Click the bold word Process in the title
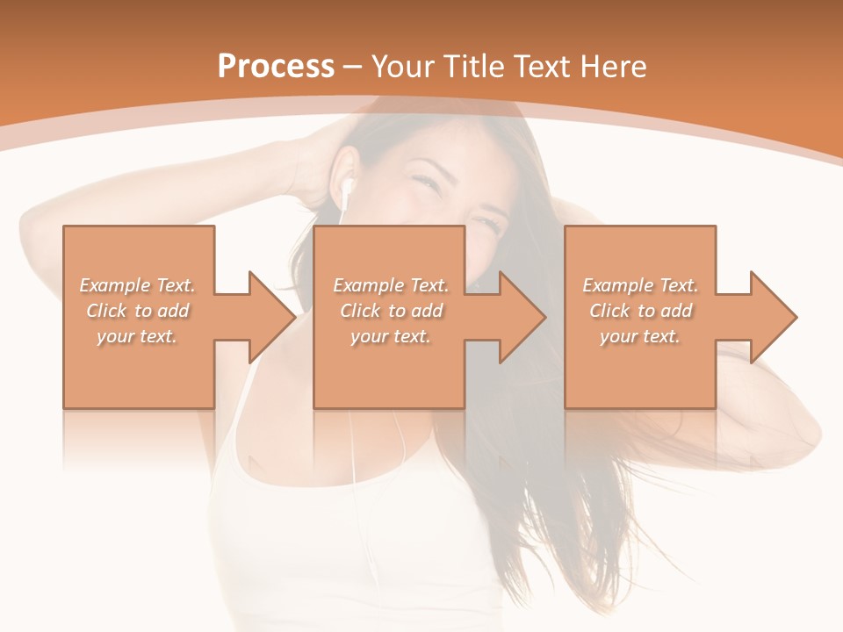tap(276, 67)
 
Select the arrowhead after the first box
tap(269, 317)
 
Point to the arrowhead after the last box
tap(771, 317)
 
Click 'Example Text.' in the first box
tap(138, 285)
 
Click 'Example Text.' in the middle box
tap(391, 285)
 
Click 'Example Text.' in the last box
tap(640, 285)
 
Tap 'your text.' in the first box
tap(138, 336)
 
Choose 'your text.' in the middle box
tap(391, 336)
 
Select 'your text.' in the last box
tap(640, 336)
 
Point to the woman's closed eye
tap(424, 182)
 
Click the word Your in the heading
tap(402, 67)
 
